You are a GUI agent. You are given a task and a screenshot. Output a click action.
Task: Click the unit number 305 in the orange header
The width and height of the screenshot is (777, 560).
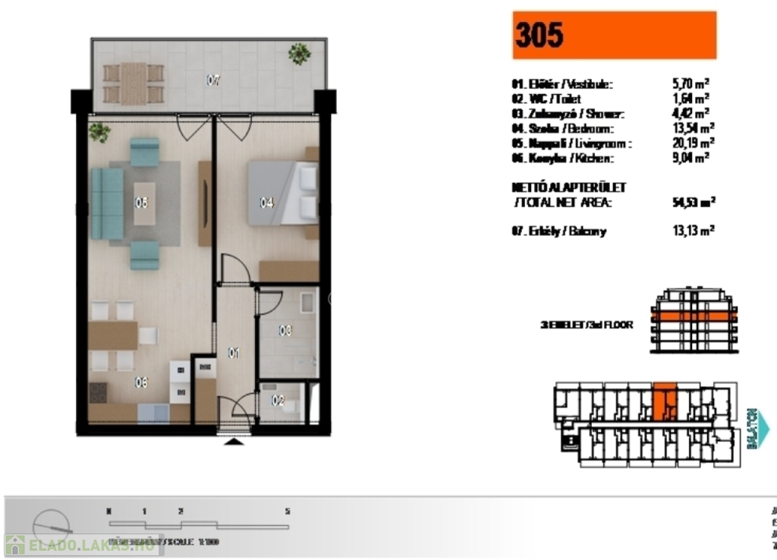point(539,35)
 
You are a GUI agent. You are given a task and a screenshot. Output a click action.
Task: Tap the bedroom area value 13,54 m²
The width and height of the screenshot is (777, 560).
point(687,127)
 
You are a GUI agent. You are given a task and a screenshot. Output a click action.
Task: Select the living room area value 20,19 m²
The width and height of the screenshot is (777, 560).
point(687,143)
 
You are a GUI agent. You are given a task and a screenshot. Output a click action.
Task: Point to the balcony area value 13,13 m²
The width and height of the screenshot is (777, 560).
point(687,231)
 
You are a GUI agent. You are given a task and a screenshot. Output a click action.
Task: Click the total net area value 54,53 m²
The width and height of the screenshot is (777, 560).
point(689,202)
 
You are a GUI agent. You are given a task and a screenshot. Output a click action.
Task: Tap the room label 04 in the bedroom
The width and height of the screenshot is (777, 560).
point(266,203)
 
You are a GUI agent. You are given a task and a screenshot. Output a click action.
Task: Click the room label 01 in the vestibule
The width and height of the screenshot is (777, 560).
point(234,352)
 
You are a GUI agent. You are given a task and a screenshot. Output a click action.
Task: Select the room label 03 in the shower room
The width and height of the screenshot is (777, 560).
point(285,331)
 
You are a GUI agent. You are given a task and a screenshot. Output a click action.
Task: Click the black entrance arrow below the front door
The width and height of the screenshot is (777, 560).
point(234,441)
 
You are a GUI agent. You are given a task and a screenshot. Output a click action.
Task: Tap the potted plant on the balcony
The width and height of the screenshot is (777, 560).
point(299,53)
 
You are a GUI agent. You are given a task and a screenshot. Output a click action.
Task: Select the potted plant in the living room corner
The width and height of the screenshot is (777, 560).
point(99,132)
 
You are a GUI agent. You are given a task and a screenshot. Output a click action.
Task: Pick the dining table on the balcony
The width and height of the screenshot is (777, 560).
point(134,83)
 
